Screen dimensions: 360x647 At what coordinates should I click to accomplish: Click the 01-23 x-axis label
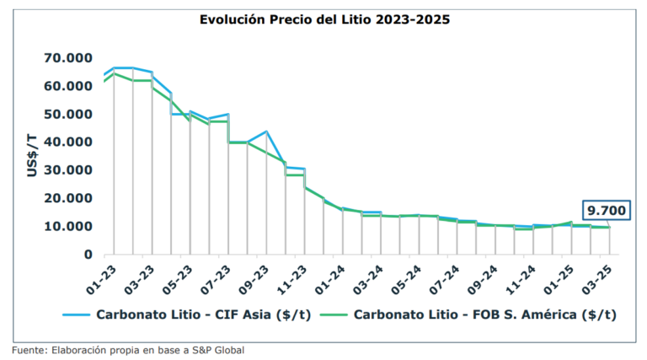(x=99, y=275)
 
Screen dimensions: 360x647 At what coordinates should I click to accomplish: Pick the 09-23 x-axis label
(x=252, y=275)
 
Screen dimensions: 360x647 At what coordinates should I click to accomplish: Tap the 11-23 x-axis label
(x=290, y=275)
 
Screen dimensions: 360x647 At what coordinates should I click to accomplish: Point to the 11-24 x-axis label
(x=519, y=275)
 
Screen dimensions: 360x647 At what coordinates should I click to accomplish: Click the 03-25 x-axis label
(x=596, y=275)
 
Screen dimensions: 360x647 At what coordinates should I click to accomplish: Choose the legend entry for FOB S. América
(x=484, y=314)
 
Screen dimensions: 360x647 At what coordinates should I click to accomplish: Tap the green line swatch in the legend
(x=328, y=315)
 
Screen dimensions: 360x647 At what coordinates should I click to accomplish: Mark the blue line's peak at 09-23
(x=266, y=132)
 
